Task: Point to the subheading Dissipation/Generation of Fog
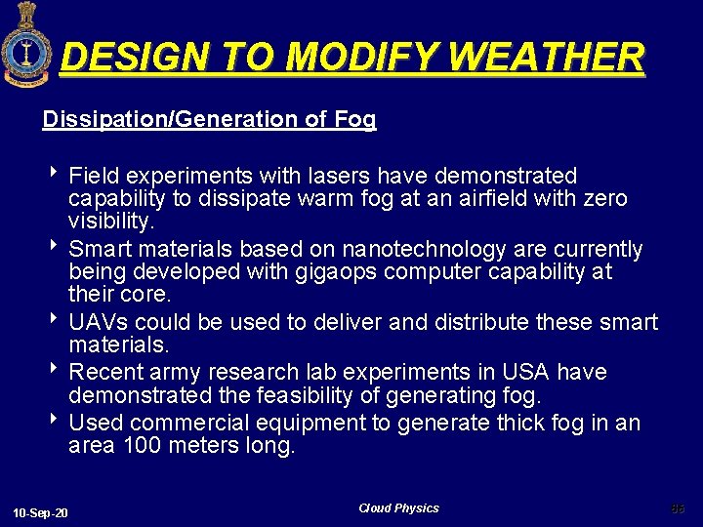[209, 120]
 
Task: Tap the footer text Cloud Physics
[398, 508]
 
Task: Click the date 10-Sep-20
[41, 513]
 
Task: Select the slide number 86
[678, 508]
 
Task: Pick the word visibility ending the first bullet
[110, 223]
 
